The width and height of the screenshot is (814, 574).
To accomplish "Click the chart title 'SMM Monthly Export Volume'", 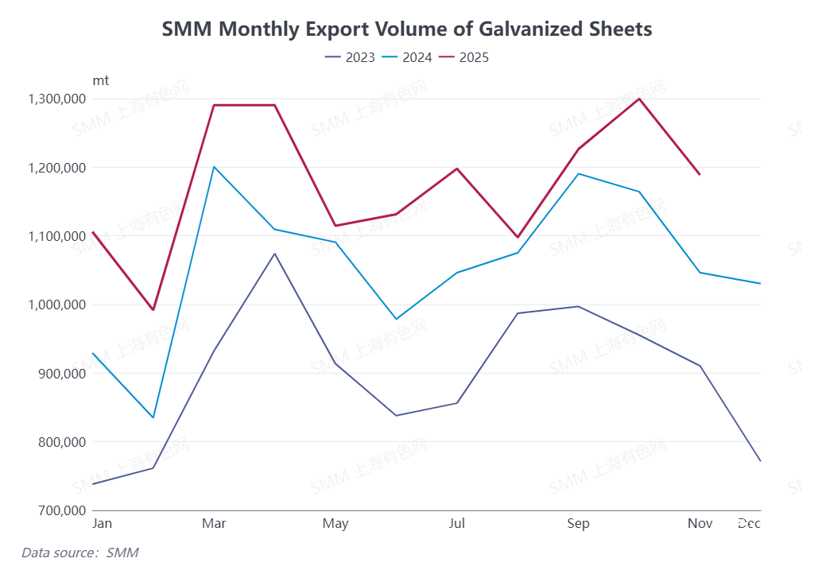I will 407,29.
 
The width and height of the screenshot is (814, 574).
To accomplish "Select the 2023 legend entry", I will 350,57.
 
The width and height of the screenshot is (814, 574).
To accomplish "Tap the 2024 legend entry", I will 407,57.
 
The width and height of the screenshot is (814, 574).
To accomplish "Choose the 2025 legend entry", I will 464,57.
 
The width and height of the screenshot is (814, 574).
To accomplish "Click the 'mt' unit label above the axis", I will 101,80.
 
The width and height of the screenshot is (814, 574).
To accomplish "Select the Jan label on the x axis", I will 102,523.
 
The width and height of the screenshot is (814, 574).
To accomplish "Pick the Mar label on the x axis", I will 214,523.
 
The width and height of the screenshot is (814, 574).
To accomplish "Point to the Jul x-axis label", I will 457,523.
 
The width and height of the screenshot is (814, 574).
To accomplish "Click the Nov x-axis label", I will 700,523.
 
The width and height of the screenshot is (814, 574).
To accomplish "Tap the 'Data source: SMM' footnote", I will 80,552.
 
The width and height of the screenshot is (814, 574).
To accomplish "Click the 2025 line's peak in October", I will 639,99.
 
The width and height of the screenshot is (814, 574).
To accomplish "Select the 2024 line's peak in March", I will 214,167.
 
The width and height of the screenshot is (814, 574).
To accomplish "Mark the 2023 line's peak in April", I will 274,254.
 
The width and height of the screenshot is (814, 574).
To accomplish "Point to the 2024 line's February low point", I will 153,417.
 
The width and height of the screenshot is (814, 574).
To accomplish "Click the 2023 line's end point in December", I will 761,461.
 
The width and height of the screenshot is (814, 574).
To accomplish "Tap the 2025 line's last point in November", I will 700,174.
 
